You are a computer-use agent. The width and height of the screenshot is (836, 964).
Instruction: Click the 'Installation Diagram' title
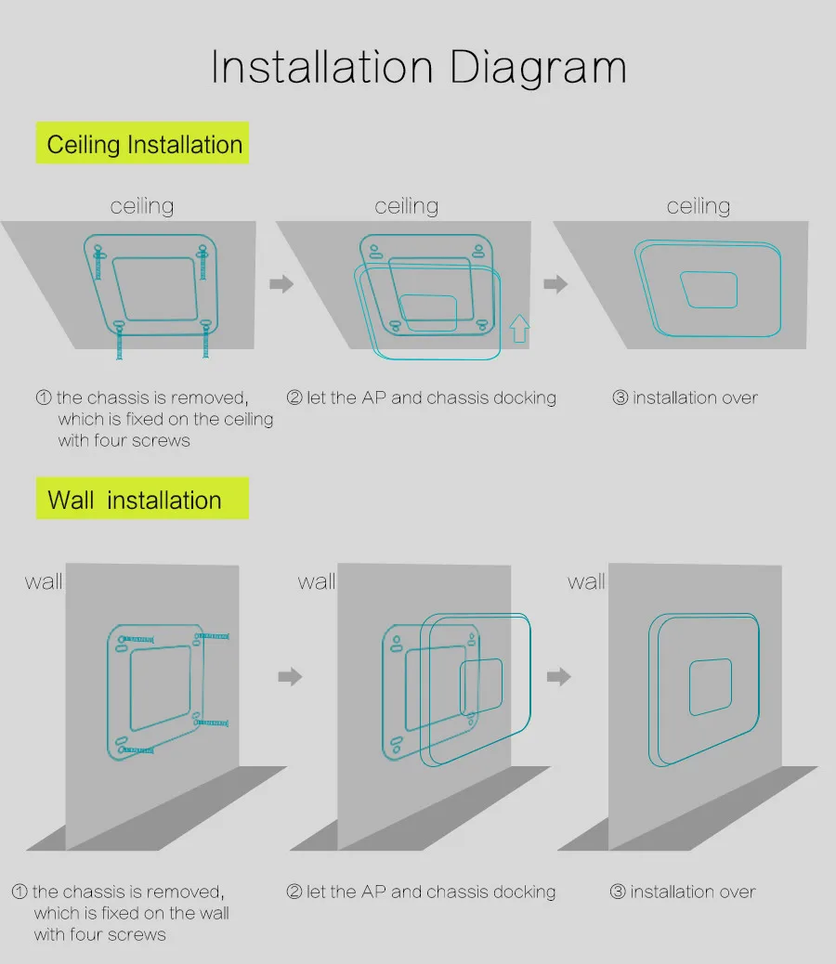418,68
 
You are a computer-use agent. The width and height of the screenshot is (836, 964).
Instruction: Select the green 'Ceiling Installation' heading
144,145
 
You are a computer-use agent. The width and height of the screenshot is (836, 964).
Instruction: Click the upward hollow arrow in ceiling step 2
519,329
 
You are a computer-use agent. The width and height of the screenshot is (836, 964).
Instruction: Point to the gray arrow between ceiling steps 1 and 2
281,283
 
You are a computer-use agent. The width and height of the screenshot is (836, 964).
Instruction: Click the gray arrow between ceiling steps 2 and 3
555,283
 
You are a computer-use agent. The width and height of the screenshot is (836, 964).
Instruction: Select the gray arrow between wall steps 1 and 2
291,676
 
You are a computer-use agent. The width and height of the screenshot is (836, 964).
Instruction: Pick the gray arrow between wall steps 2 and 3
558,676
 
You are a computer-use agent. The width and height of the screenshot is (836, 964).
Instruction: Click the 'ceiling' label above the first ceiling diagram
141,206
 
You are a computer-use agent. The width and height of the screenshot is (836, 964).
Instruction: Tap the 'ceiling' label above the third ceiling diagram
699,206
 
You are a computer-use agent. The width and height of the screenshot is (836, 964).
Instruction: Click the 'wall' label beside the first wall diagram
43,582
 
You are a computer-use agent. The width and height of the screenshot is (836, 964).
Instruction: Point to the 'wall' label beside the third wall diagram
586,582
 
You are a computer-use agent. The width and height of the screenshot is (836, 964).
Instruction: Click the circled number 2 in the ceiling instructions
294,398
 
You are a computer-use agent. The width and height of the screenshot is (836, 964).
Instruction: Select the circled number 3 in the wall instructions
618,892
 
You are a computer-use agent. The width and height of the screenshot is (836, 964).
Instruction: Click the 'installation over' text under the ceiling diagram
695,398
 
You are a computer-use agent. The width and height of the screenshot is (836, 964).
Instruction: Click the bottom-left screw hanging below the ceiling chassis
118,342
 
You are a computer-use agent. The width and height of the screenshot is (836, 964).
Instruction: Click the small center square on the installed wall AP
710,686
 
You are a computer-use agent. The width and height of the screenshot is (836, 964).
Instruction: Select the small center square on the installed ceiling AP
709,290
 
